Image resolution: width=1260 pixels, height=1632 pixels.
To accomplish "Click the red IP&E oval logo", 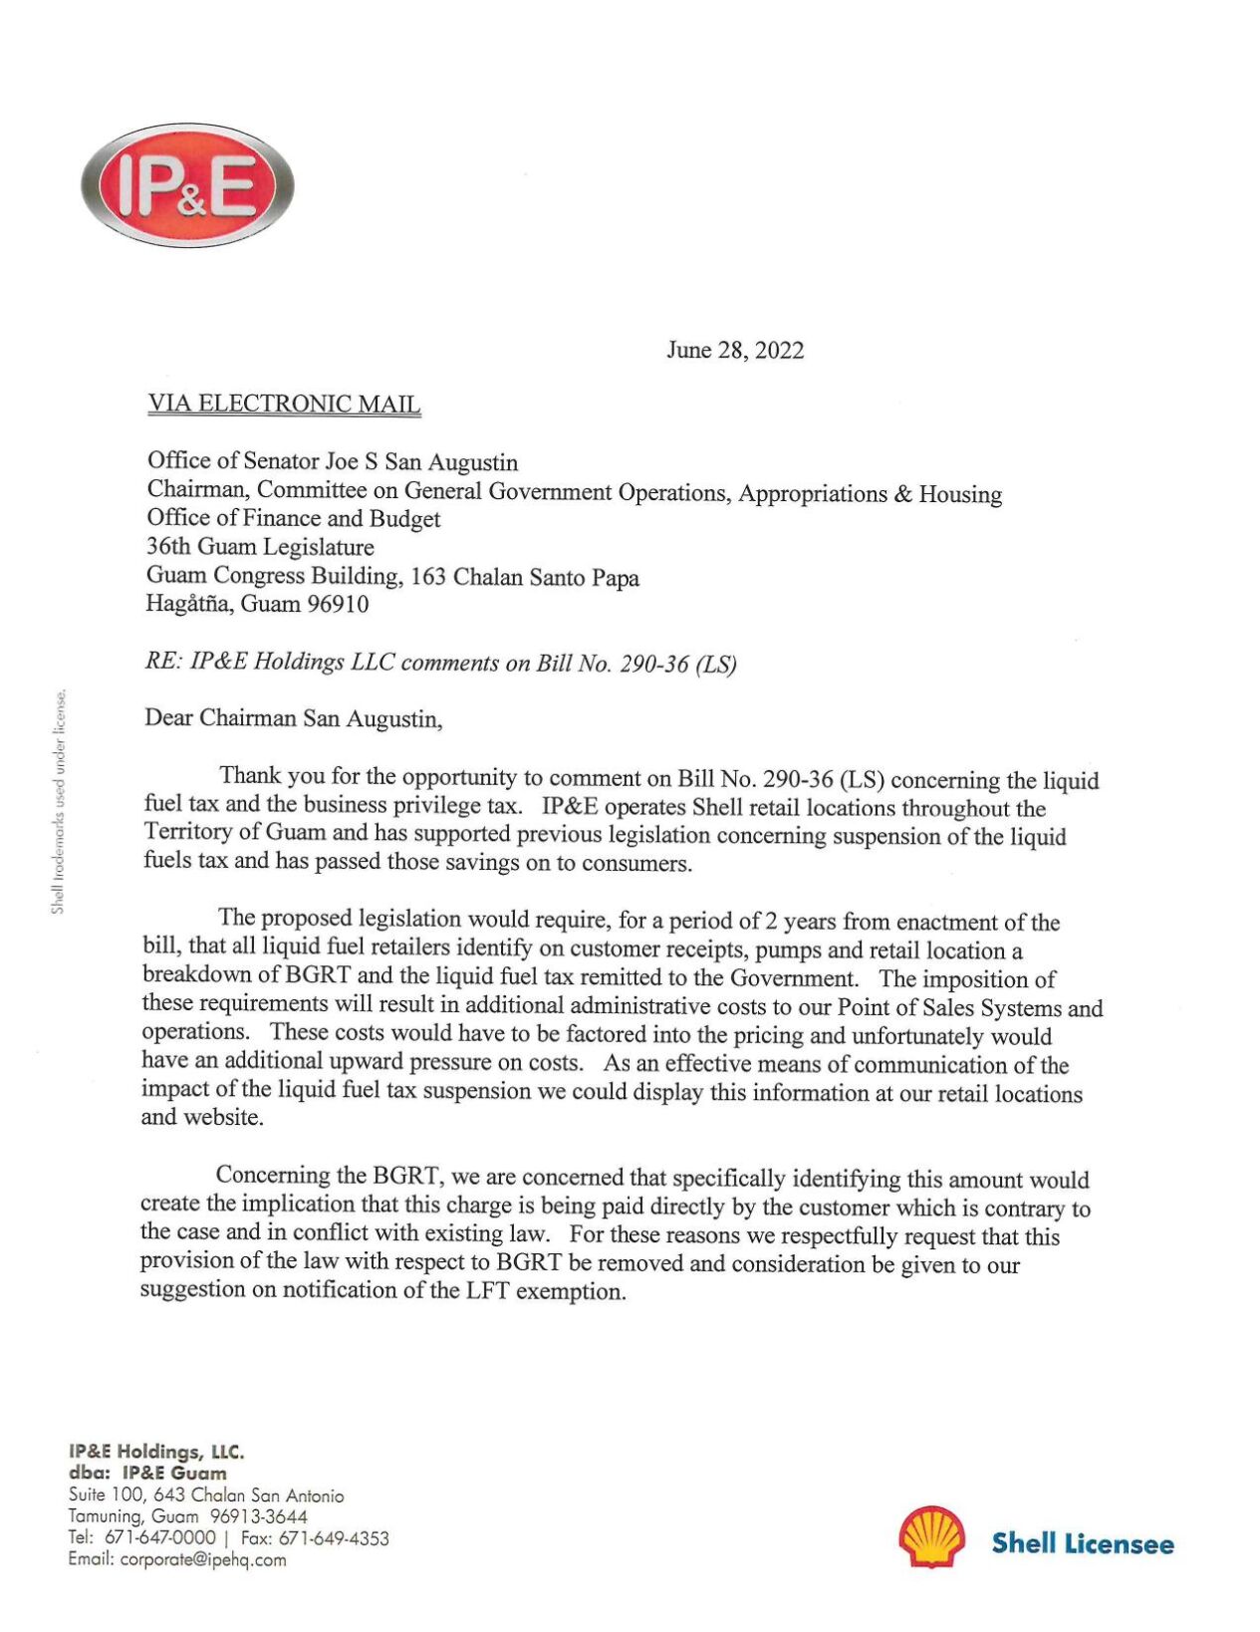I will (187, 185).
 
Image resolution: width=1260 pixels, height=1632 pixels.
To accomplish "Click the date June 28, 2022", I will (734, 351).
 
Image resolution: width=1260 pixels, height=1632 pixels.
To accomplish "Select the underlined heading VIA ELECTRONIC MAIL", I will (284, 404).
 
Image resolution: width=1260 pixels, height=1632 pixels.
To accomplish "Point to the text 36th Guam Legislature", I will (260, 547).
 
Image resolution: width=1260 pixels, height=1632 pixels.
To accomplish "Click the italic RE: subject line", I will (440, 664).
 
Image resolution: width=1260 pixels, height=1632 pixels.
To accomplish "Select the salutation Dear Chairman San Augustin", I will (293, 718).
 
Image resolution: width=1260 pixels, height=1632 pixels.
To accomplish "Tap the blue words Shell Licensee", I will (1082, 1543).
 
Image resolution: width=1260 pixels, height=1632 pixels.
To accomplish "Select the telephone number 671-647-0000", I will (159, 1538).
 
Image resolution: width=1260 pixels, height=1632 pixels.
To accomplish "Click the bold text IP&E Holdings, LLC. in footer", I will (156, 1452).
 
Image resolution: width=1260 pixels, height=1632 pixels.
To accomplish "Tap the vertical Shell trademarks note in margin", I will (59, 801).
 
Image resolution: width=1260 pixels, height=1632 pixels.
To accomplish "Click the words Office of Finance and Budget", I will (293, 518).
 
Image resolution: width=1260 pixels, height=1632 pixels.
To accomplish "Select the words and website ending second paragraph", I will (202, 1118).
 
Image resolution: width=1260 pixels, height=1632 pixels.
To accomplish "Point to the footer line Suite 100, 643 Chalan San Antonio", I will (206, 1496).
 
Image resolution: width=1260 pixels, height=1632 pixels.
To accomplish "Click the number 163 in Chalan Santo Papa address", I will (427, 577).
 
